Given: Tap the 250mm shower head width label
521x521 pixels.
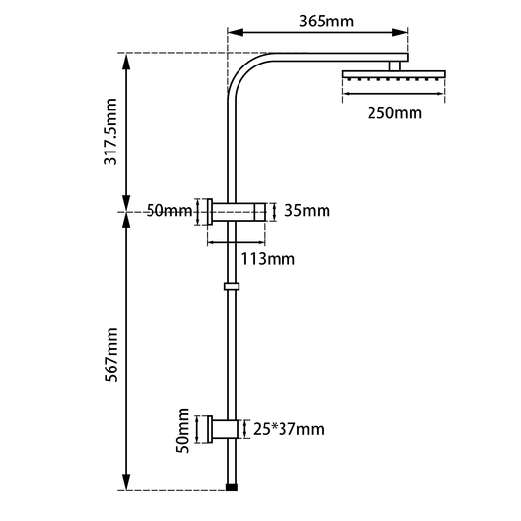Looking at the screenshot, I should click(395, 113).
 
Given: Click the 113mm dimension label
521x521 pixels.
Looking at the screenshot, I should click(267, 259).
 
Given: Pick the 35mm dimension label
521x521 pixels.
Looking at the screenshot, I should click(307, 211).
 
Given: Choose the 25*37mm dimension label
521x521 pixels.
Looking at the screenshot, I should click(288, 428).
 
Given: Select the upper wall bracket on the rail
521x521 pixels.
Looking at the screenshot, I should click(239, 212).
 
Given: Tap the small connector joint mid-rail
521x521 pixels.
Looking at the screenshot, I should click(231, 287).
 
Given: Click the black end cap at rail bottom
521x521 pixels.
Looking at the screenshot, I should click(231, 485).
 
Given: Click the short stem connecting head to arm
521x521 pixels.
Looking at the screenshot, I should click(396, 65).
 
